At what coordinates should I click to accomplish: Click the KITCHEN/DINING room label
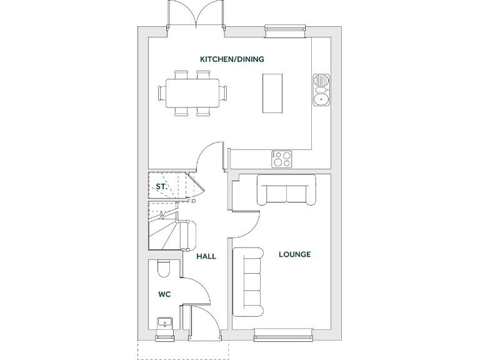point(232,59)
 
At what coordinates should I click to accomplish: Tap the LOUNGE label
point(294,254)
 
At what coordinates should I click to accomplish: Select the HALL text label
point(206,256)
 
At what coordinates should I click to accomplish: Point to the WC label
point(164,293)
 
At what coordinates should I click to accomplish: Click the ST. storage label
point(161,186)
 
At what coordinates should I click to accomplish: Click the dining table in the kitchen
point(193,93)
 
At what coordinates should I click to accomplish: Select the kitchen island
point(272,93)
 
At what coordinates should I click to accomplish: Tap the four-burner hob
point(281,159)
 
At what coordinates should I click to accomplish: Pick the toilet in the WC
point(164,269)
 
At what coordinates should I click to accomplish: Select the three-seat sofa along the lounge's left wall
point(247,282)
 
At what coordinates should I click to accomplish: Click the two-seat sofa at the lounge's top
point(287,191)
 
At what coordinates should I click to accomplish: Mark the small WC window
point(166,338)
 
